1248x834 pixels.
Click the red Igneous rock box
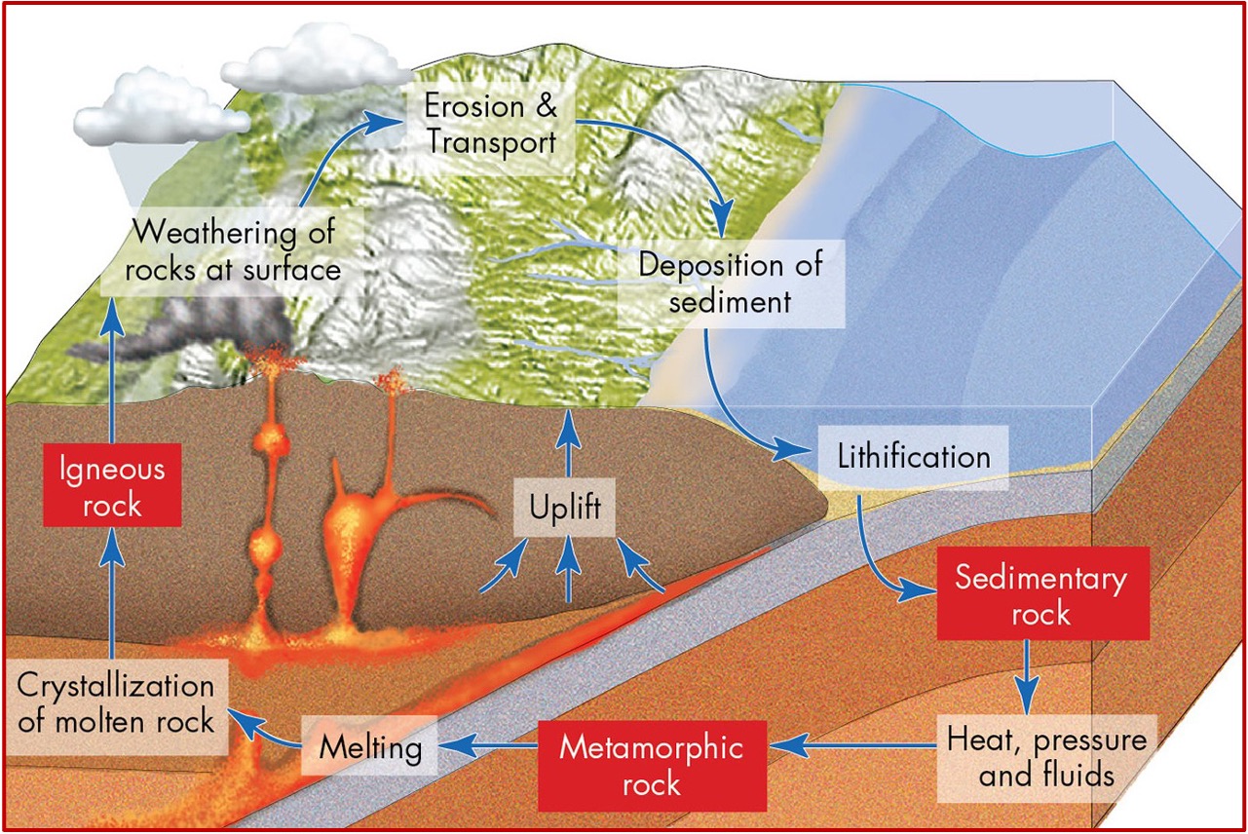pos(112,487)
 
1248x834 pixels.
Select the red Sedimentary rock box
pos(1041,595)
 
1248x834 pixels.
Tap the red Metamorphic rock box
pos(652,765)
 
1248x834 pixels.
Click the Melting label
pos(371,748)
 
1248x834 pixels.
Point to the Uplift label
pos(566,509)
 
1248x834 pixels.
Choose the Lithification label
pos(914,456)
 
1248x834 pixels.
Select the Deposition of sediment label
pos(730,282)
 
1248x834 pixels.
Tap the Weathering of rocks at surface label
pos(233,250)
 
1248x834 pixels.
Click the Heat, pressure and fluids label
pos(1046,757)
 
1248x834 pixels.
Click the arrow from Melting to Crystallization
pos(268,734)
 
